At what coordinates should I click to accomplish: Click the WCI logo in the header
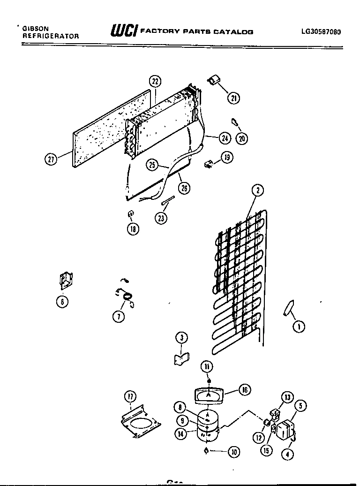tap(123, 31)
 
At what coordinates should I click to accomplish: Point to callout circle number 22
tap(155, 81)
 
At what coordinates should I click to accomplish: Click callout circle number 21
tap(233, 98)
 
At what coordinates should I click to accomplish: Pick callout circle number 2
tap(257, 190)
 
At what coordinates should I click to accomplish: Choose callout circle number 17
tap(130, 397)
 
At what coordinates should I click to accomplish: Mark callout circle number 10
tap(233, 452)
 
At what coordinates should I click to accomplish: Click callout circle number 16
tap(244, 389)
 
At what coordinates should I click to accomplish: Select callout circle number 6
tap(61, 302)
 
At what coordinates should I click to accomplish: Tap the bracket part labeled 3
tap(180, 359)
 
